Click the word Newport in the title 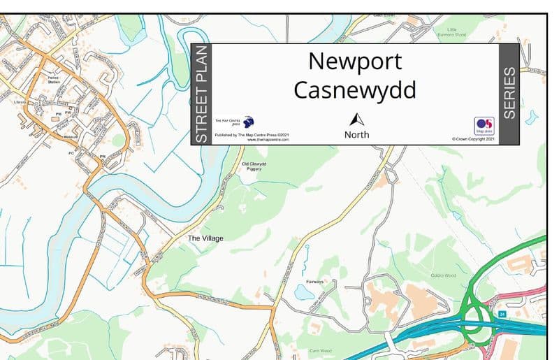[x=355, y=62]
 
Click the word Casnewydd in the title [x=355, y=90]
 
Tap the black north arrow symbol [x=357, y=120]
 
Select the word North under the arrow [x=357, y=134]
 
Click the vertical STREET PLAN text [x=201, y=94]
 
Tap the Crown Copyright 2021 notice [x=473, y=139]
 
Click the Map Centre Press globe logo [x=248, y=122]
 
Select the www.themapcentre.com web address [x=268, y=140]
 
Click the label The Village [x=206, y=238]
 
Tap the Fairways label [x=314, y=282]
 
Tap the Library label [x=20, y=102]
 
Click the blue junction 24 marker [x=502, y=315]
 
